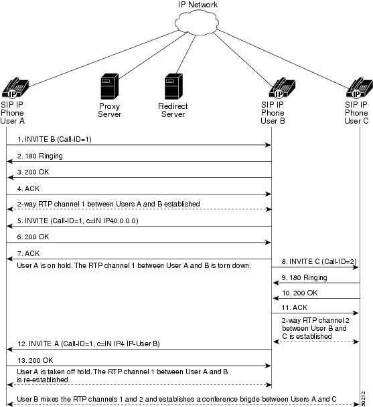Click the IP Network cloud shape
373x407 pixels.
tap(197, 22)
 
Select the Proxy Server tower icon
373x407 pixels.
tap(110, 86)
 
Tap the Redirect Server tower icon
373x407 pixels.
tap(173, 86)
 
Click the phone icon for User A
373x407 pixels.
tap(15, 88)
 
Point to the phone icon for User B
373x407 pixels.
tap(282, 88)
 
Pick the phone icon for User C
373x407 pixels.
tap(360, 88)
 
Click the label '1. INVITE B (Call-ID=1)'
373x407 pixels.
tap(54, 140)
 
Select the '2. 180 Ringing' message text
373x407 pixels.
tap(40, 156)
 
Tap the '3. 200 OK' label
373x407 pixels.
tap(33, 172)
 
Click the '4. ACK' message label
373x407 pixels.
tap(28, 188)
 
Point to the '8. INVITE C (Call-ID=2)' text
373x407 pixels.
tap(319, 261)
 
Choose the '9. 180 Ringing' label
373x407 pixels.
tap(304, 278)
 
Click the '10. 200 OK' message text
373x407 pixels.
tap(299, 293)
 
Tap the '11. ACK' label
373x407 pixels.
tap(295, 307)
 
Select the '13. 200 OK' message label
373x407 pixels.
tap(35, 360)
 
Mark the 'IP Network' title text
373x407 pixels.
tap(198, 5)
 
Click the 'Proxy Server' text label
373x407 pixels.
tap(110, 110)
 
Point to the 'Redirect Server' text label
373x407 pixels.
tap(173, 110)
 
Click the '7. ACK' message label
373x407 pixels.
tap(28, 253)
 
